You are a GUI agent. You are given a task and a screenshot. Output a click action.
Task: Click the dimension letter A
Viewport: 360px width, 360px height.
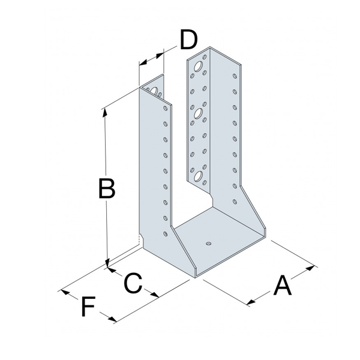click(x=282, y=286)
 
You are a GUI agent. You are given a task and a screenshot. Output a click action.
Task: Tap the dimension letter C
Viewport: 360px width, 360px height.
click(x=133, y=282)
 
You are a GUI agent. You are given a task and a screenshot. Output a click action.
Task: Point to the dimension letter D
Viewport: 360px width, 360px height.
click(x=188, y=41)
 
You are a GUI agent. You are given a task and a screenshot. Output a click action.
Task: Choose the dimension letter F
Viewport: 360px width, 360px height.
click(x=88, y=308)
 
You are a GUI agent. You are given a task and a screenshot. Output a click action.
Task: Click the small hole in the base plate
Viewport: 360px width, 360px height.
click(x=207, y=244)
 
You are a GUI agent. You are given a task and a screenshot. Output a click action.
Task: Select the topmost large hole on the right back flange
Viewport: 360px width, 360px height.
click(x=199, y=63)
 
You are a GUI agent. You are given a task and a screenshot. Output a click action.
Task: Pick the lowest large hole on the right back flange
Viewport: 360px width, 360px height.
click(x=197, y=176)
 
